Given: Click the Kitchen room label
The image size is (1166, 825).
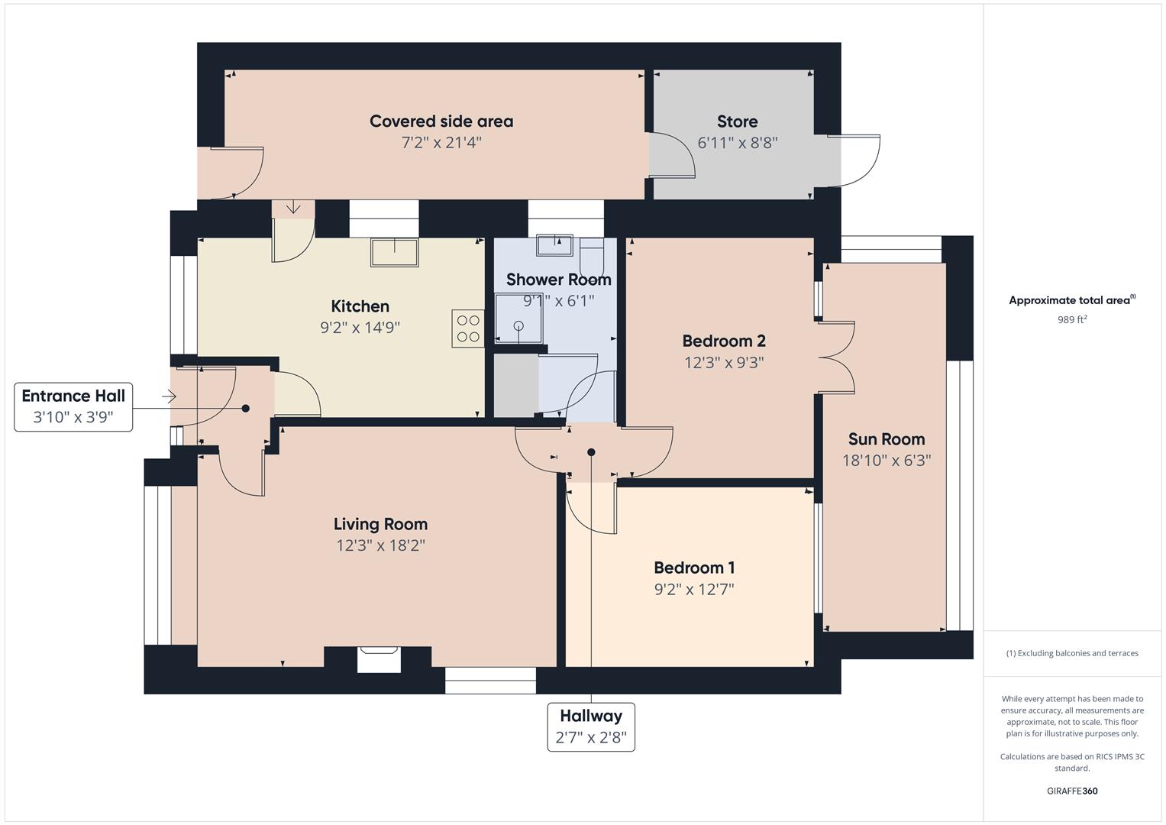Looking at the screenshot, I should [x=360, y=306].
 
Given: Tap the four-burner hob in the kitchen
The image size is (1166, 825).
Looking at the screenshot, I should [x=467, y=328].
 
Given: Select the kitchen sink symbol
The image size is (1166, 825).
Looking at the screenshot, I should [x=394, y=252].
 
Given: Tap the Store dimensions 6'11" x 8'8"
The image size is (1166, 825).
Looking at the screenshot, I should [x=737, y=143].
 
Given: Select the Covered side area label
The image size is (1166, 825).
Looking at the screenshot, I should [x=441, y=121].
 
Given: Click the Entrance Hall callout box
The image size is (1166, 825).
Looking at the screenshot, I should [x=73, y=406].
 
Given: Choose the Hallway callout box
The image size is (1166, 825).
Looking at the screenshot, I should [x=591, y=726].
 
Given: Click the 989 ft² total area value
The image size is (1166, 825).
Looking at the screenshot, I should [x=1071, y=320].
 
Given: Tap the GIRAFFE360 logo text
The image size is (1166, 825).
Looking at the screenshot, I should [x=1071, y=791].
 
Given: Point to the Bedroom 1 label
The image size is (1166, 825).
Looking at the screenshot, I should [x=694, y=568].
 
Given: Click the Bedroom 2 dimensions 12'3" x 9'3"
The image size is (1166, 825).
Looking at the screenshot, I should [x=724, y=362].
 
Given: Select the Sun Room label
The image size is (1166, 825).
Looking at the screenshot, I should [x=886, y=439].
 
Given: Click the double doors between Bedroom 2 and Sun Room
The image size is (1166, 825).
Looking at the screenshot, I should [x=836, y=357].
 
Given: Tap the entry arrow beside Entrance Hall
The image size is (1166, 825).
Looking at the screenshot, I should [x=169, y=396].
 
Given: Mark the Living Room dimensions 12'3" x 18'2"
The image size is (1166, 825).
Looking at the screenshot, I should [x=380, y=545].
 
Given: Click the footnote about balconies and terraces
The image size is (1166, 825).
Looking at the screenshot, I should [x=1071, y=653].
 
